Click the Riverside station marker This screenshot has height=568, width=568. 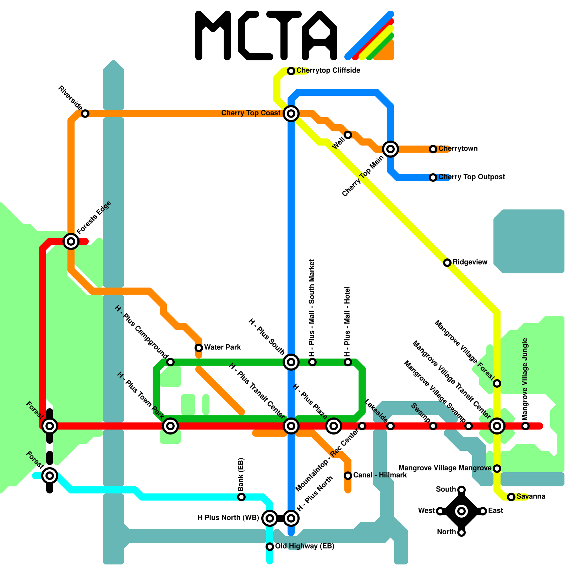[x=85, y=114]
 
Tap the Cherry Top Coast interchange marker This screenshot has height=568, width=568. [x=291, y=114]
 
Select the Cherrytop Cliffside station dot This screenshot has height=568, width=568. [x=291, y=71]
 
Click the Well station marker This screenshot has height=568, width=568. [x=348, y=135]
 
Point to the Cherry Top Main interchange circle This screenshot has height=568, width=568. [x=390, y=149]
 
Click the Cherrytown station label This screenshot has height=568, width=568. [x=458, y=148]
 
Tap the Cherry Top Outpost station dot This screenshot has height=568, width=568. [x=433, y=177]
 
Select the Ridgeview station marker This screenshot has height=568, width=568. [x=447, y=263]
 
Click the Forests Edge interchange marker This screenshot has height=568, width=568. [x=71, y=241]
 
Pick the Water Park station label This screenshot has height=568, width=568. [x=223, y=347]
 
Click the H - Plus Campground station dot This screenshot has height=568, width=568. [x=170, y=362]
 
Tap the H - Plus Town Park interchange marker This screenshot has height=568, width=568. [x=170, y=426]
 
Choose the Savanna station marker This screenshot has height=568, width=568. [x=511, y=497]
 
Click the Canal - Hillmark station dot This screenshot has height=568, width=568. [x=348, y=476]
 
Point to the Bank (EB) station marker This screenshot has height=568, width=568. [x=241, y=497]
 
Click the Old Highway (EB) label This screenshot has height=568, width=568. [x=305, y=546]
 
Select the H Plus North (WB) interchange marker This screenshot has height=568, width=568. [x=270, y=518]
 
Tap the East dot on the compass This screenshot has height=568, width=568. [x=483, y=511]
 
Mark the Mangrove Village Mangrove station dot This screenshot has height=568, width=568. [x=497, y=469]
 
